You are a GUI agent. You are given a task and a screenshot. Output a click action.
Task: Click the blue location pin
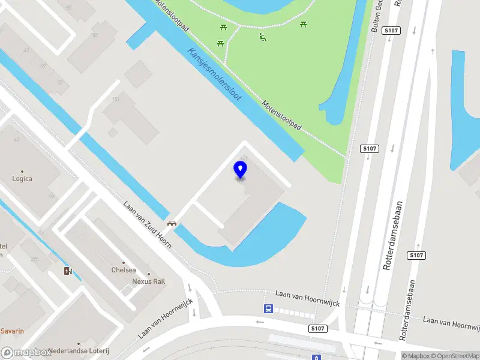point(241,169)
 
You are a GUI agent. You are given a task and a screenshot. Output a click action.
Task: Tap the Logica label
point(22,178)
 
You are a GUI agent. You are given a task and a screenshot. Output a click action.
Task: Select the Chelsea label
point(124,271)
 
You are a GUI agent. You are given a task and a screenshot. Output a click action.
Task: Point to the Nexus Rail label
point(149,281)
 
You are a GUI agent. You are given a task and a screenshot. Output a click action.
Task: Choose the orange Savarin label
point(12,331)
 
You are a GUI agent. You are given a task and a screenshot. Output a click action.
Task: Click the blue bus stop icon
point(268,309)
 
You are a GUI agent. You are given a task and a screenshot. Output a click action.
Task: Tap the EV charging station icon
point(68,271)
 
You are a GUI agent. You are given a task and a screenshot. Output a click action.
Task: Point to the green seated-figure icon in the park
point(262,38)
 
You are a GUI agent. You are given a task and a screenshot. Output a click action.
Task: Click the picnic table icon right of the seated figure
point(303,24)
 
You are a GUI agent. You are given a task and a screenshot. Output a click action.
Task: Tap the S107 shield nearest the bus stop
point(318,329)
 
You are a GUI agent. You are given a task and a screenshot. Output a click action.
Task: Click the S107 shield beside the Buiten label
point(391,30)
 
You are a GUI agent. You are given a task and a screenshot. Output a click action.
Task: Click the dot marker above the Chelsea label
point(124,262)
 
